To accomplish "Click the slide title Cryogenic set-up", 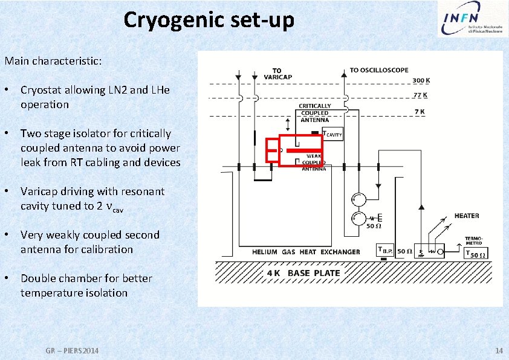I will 209,20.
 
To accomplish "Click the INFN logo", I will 468,19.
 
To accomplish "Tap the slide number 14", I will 499,351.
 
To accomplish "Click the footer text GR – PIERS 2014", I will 73,351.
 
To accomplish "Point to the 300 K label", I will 421,80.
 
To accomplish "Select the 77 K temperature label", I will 420,95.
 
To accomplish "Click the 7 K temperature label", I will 420,112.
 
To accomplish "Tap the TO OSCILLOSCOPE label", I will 379,70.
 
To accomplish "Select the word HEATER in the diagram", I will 467,216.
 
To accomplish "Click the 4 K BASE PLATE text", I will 304,273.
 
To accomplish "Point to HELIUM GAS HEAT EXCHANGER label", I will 306,252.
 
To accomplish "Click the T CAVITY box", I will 332,134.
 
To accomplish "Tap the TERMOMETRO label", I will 474,240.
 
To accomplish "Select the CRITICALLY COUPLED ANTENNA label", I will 314,113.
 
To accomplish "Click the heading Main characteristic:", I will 53,61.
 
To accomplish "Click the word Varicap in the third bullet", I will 40,191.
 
